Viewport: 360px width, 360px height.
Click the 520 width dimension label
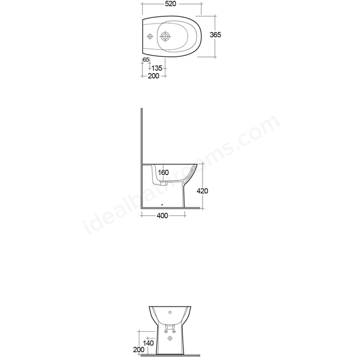click(x=170, y=4)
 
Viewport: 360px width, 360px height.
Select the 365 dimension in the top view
click(x=215, y=35)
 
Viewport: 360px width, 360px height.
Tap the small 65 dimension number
click(x=146, y=60)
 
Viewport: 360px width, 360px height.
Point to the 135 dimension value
click(x=157, y=68)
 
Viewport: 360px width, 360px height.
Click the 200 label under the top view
click(x=154, y=76)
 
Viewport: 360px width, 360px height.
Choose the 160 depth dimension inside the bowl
click(x=164, y=173)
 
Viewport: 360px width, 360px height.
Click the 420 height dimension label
click(x=202, y=191)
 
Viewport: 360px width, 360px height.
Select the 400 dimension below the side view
click(x=163, y=215)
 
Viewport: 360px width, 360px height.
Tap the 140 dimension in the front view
click(x=148, y=343)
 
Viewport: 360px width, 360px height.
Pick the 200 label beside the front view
click(x=139, y=350)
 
